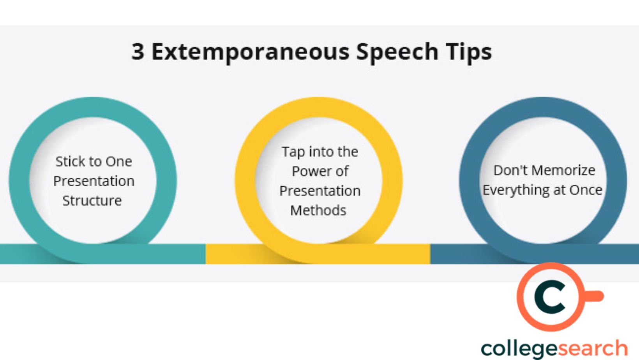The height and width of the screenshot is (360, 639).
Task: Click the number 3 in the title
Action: tap(138, 52)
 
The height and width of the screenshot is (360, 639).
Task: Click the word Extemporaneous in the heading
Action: tap(251, 52)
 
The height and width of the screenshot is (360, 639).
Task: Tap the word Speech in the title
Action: tap(397, 52)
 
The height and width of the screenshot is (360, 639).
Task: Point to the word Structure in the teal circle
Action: tap(92, 201)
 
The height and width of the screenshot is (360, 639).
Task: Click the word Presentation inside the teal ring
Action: tap(94, 181)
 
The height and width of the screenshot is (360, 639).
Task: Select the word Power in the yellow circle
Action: tap(311, 171)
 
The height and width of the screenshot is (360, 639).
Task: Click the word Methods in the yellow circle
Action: tap(318, 210)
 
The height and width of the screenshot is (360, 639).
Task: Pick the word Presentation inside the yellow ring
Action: tap(320, 191)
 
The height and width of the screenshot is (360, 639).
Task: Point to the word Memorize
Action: tap(564, 171)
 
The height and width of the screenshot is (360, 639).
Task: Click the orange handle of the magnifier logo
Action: tap(593, 296)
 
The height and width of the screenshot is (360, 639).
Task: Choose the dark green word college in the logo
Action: tap(519, 349)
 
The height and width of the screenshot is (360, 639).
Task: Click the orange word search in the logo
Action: tap(592, 348)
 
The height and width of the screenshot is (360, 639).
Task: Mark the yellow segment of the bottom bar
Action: tap(318, 254)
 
